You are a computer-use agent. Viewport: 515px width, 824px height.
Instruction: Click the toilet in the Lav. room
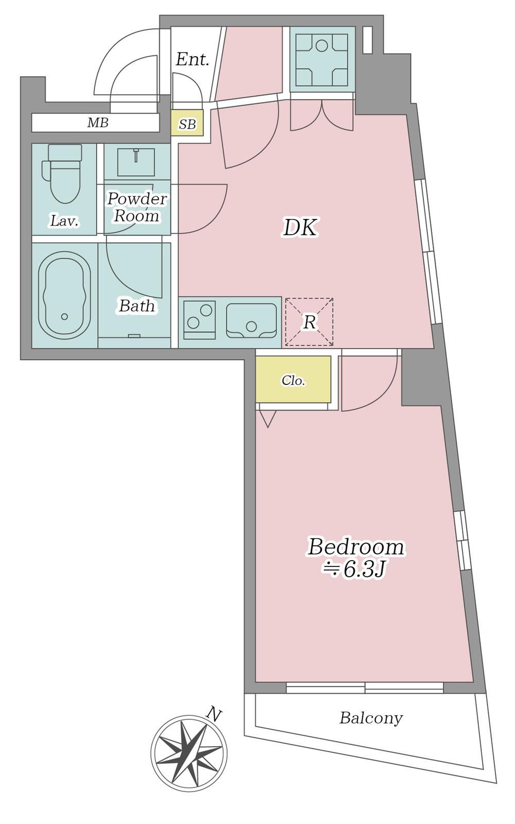coord(62,174)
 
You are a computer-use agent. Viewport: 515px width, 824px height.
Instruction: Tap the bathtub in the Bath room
coord(64,295)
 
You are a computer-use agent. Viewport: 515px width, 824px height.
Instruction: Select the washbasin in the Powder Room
coord(136,162)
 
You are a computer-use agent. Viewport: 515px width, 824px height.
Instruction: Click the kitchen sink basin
coord(251,320)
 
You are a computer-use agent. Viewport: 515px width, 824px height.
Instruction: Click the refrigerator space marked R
coord(309,322)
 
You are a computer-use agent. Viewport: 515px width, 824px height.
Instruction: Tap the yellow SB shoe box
coord(187,123)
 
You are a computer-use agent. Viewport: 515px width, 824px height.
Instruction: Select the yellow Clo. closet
coord(294,379)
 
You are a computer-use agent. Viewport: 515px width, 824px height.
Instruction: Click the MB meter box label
coord(98,123)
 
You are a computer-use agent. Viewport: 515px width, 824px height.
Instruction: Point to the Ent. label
coord(192,60)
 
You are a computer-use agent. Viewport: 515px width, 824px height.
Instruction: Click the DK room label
coord(300,228)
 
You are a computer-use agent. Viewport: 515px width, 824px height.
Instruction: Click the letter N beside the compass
coord(214,714)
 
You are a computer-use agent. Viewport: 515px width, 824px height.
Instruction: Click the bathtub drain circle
coord(65,316)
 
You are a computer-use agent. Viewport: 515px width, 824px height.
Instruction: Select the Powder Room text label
coord(137,207)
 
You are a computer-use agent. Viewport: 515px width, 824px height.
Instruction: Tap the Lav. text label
coord(64,221)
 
